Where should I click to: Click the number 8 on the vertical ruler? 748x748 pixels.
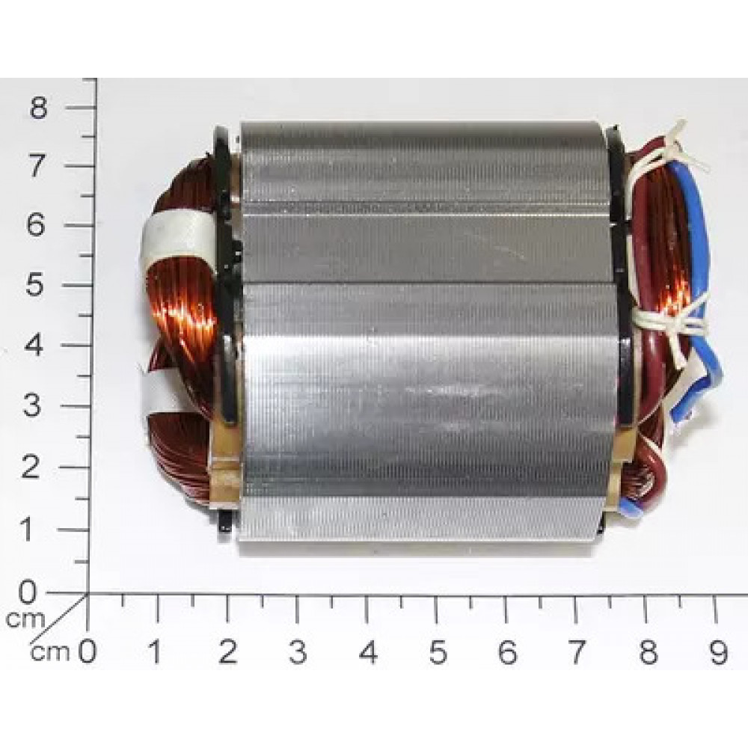pos(39,108)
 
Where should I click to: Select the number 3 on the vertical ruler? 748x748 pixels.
pos(31,406)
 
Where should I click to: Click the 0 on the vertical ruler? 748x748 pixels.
pos(27,592)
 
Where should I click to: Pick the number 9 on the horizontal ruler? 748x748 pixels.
pos(718,652)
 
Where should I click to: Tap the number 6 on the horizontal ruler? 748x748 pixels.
pos(507,652)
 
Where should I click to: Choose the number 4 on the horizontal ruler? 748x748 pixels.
pos(368,652)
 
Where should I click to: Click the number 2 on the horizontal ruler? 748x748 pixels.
pos(228,652)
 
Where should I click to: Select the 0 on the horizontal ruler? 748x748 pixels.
pos(87,652)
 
